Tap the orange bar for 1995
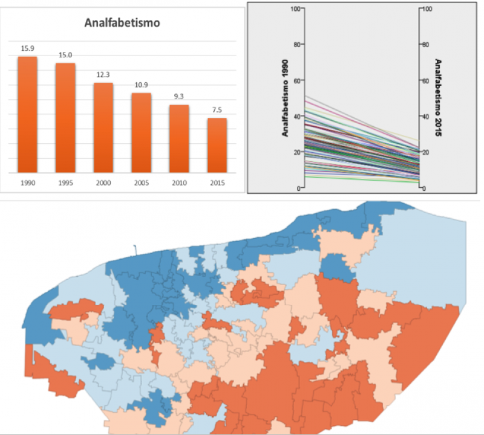pyautogui.click(x=65, y=117)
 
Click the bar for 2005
pyautogui.click(x=142, y=132)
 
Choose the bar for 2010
pyautogui.click(x=179, y=138)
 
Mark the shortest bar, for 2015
pyautogui.click(x=217, y=144)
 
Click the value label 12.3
pyautogui.click(x=103, y=74)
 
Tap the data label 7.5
pyautogui.click(x=217, y=109)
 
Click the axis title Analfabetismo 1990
pyautogui.click(x=284, y=98)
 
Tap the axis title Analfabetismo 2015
pyautogui.click(x=438, y=98)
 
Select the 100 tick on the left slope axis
pyautogui.click(x=296, y=8)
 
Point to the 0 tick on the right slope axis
pyautogui.click(x=424, y=188)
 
